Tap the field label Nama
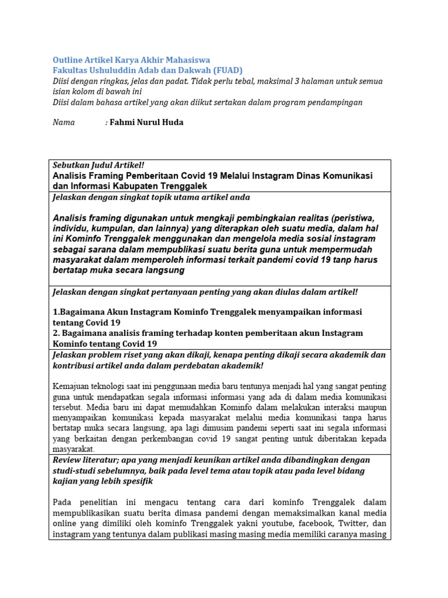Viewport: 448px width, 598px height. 64,123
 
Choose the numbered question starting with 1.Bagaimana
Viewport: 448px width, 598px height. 207,312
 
